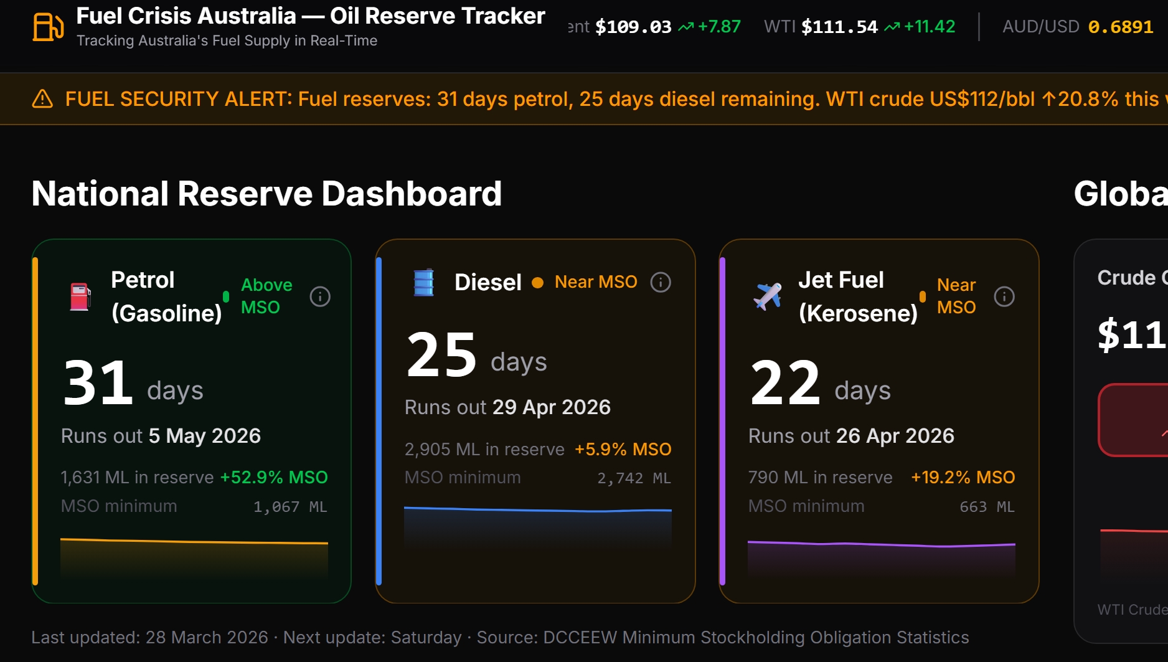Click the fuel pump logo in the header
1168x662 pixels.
point(48,27)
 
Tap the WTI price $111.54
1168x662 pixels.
point(839,27)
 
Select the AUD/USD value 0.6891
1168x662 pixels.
point(1120,27)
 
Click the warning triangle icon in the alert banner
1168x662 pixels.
point(42,99)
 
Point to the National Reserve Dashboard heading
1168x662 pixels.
point(266,194)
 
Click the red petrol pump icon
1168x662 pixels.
point(80,296)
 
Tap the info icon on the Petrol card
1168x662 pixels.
point(320,296)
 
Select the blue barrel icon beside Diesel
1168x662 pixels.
point(424,282)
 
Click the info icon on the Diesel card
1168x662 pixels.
point(661,282)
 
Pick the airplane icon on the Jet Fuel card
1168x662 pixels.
point(768,296)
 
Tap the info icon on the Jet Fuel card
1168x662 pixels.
point(1004,296)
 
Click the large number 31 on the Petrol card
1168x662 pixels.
point(98,383)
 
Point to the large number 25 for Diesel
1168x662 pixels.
point(441,355)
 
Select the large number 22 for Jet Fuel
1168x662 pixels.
point(785,383)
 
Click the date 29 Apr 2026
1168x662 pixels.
point(551,407)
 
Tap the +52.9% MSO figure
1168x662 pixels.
point(274,478)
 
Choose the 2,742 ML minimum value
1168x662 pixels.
point(634,478)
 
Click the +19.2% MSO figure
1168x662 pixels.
point(963,478)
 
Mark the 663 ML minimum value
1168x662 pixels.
point(987,507)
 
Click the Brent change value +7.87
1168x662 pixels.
point(719,27)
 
